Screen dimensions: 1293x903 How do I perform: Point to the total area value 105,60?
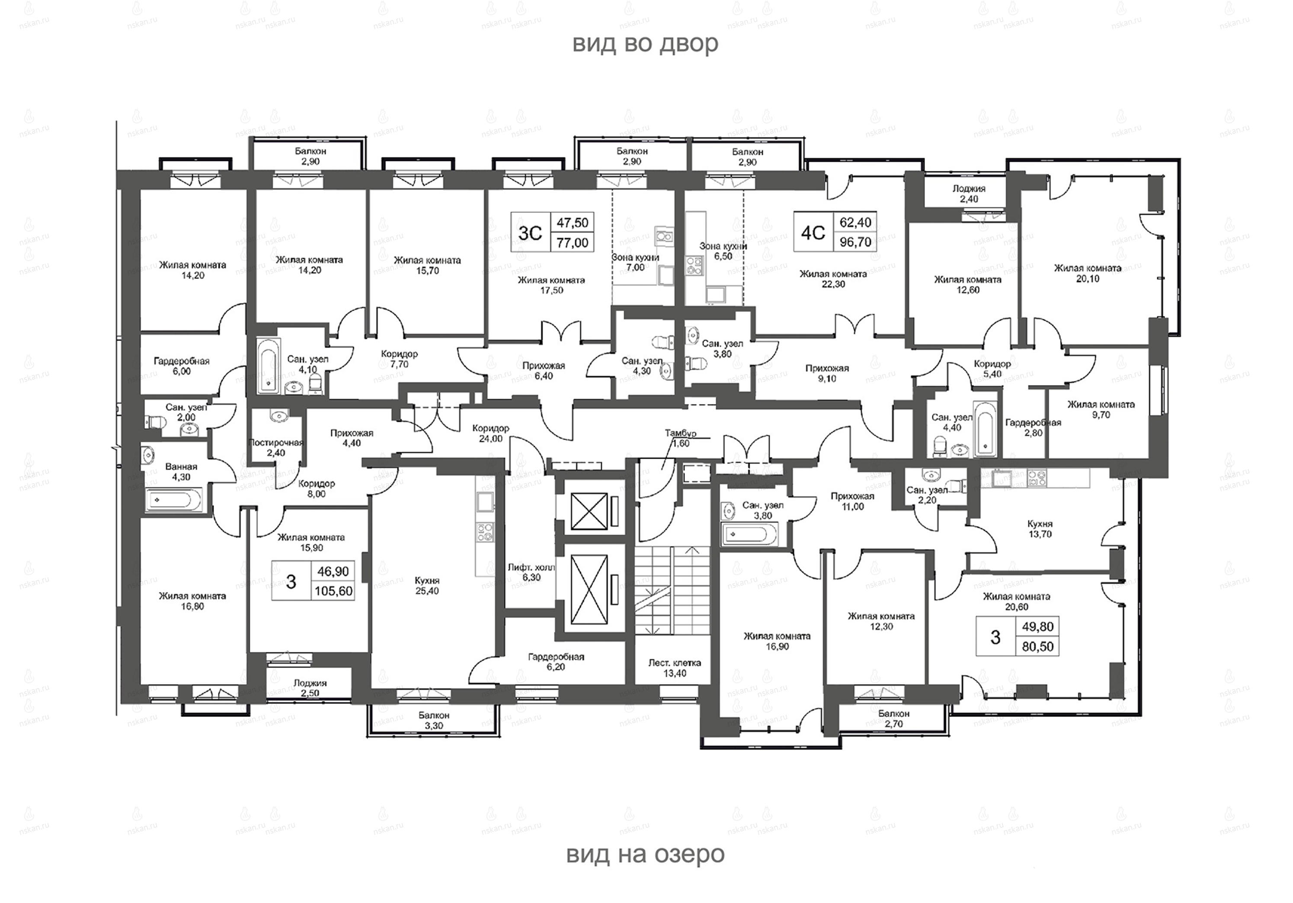(333, 591)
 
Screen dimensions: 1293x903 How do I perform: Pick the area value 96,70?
(855, 242)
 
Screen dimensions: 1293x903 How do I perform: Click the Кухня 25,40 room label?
(426, 586)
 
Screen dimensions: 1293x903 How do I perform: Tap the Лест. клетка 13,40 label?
(674, 668)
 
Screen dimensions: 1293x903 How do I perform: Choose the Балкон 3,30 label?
(434, 720)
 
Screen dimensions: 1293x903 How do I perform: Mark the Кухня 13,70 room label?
(1040, 529)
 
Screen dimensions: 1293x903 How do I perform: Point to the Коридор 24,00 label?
(490, 433)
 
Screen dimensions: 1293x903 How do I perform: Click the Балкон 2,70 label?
(894, 719)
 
